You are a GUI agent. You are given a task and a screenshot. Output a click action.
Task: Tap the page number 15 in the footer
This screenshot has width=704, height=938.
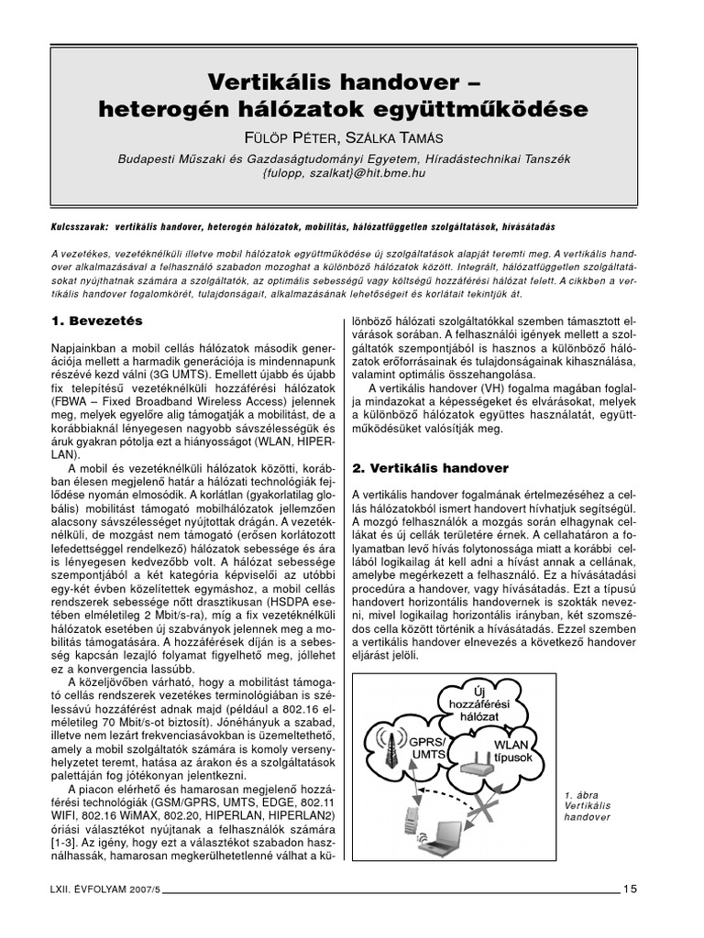[632, 887]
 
